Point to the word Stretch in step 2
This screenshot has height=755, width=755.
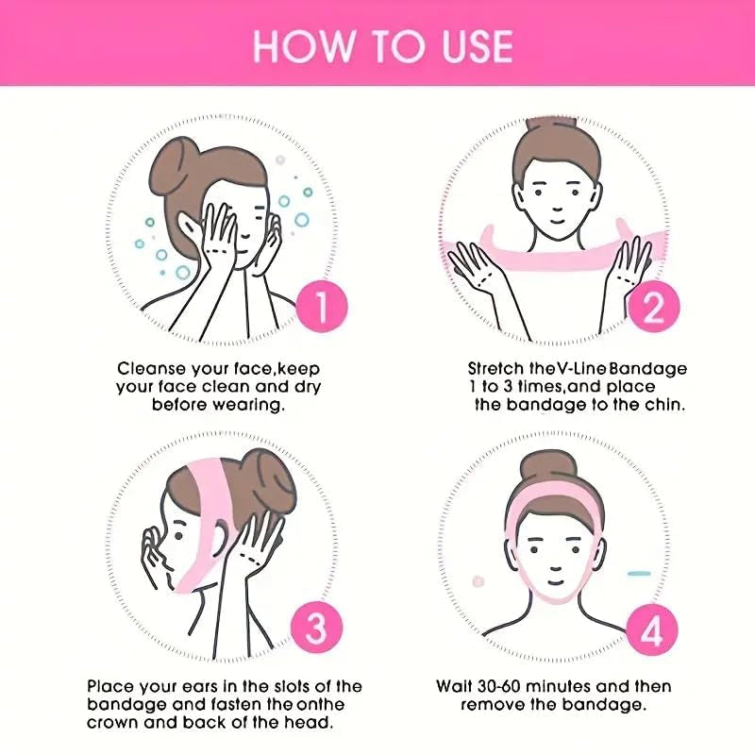click(x=495, y=368)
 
